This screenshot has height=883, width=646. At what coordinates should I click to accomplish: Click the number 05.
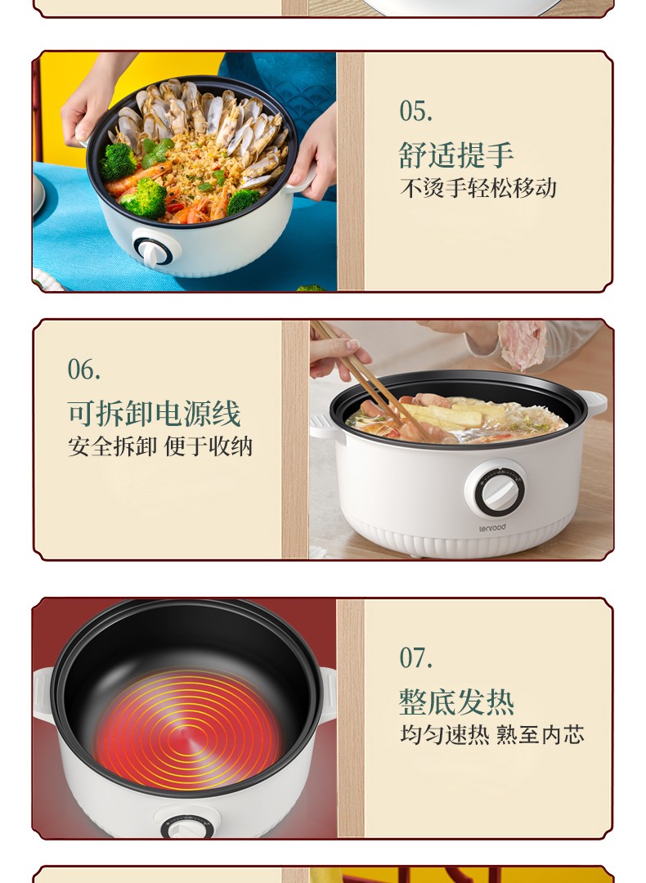pyautogui.click(x=416, y=111)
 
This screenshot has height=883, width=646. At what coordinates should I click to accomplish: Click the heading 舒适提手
pyautogui.click(x=456, y=155)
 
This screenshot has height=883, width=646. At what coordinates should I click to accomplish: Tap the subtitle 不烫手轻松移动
pyautogui.click(x=478, y=188)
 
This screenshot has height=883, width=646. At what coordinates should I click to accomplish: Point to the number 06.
pyautogui.click(x=84, y=370)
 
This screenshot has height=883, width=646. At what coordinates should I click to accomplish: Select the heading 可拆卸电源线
pyautogui.click(x=155, y=414)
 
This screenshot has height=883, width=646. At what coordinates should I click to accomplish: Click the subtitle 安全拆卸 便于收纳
pyautogui.click(x=160, y=446)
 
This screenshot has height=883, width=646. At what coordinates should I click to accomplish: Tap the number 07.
pyautogui.click(x=416, y=657)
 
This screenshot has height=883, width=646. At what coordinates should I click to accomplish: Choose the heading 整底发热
pyautogui.click(x=456, y=701)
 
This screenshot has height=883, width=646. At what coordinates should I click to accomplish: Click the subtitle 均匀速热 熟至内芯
pyautogui.click(x=492, y=735)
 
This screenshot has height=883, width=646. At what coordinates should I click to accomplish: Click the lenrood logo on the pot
pyautogui.click(x=493, y=528)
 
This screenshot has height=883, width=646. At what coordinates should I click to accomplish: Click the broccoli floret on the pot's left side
pyautogui.click(x=118, y=162)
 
